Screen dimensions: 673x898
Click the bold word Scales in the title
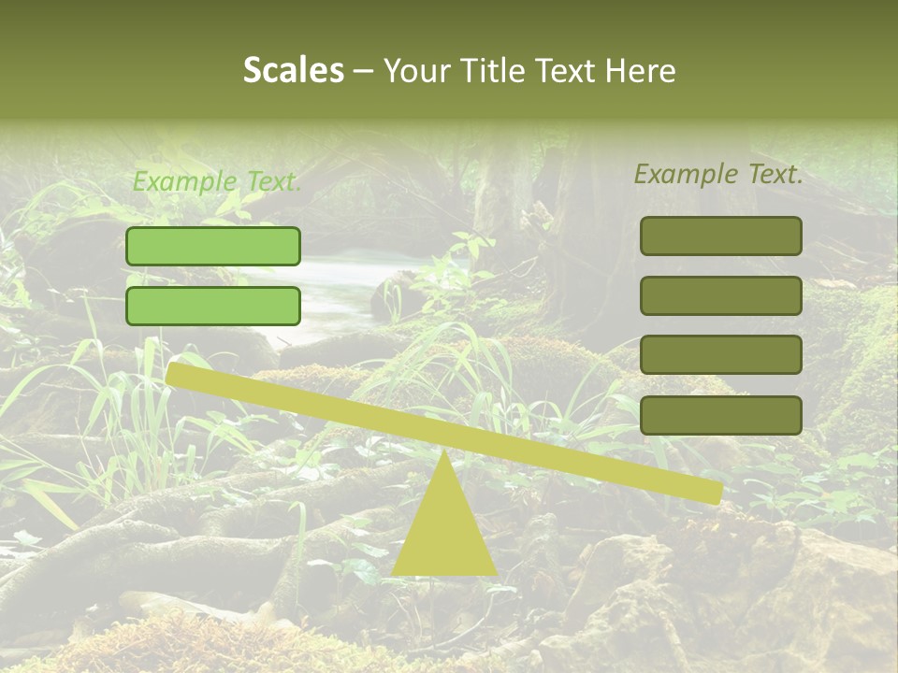tap(293, 70)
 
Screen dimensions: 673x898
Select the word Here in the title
tap(642, 70)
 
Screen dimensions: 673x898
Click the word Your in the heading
tap(418, 71)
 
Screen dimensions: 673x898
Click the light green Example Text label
tap(217, 181)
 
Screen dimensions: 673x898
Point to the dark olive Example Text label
tap(718, 174)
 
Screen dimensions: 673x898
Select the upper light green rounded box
tap(213, 246)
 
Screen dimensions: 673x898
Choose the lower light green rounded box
tap(213, 306)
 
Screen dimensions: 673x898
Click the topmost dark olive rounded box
tap(721, 236)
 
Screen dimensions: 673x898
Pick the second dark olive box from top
tap(721, 295)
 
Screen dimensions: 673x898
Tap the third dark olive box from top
tap(721, 355)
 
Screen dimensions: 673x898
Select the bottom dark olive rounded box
tap(721, 415)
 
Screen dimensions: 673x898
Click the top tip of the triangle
tap(443, 454)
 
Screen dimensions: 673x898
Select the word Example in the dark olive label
tap(685, 174)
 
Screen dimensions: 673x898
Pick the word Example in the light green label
tap(184, 181)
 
